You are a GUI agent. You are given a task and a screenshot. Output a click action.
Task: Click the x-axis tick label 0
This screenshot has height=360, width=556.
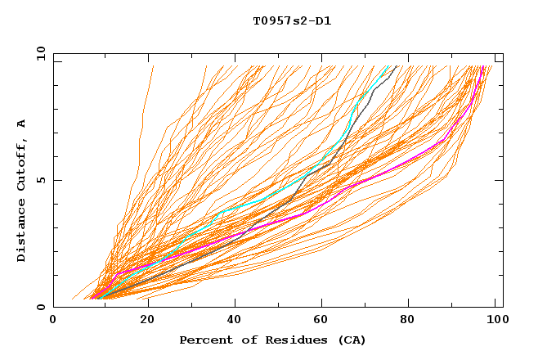pyautogui.click(x=53, y=322)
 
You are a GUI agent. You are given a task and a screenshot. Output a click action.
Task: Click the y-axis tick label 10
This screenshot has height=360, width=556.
pyautogui.click(x=39, y=53)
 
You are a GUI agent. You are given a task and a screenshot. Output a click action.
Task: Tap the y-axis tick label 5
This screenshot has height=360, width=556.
pyautogui.click(x=43, y=180)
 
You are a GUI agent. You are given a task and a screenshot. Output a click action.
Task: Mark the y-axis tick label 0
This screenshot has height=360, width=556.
pyautogui.click(x=43, y=307)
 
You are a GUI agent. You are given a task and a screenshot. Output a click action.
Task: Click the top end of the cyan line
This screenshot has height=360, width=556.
pyautogui.click(x=388, y=66)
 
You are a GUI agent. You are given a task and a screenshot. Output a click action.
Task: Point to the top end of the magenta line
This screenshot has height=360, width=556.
pyautogui.click(x=484, y=66)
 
